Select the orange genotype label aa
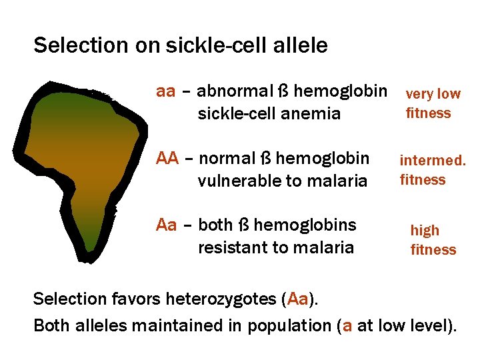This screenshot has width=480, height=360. [165, 91]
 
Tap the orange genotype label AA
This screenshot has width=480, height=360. [167, 159]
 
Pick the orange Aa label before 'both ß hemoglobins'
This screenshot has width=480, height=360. [166, 225]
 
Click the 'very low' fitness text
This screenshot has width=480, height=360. [433, 95]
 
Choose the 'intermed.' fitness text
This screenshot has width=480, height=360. [432, 161]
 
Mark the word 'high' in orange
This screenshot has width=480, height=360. [425, 231]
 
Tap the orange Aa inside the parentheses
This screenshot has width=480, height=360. [297, 298]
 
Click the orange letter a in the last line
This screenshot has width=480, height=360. [347, 326]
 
